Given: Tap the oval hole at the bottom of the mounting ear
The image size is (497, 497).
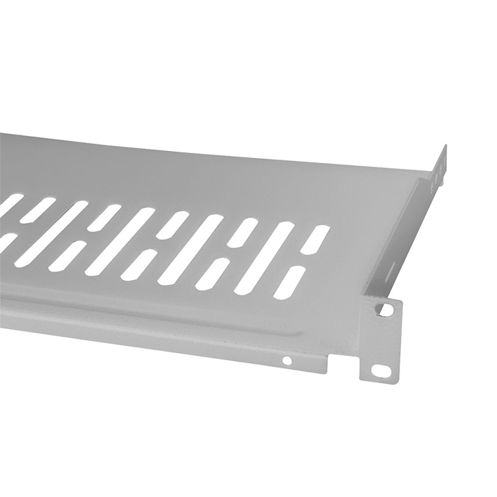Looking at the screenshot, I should [x=381, y=370].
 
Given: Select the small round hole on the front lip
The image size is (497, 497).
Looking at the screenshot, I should [x=287, y=360].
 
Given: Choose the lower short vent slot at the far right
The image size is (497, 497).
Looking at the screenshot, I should [x=289, y=282].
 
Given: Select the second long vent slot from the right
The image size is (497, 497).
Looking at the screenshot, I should [x=191, y=249].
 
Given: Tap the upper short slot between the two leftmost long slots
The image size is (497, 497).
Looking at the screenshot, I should [x=104, y=217].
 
